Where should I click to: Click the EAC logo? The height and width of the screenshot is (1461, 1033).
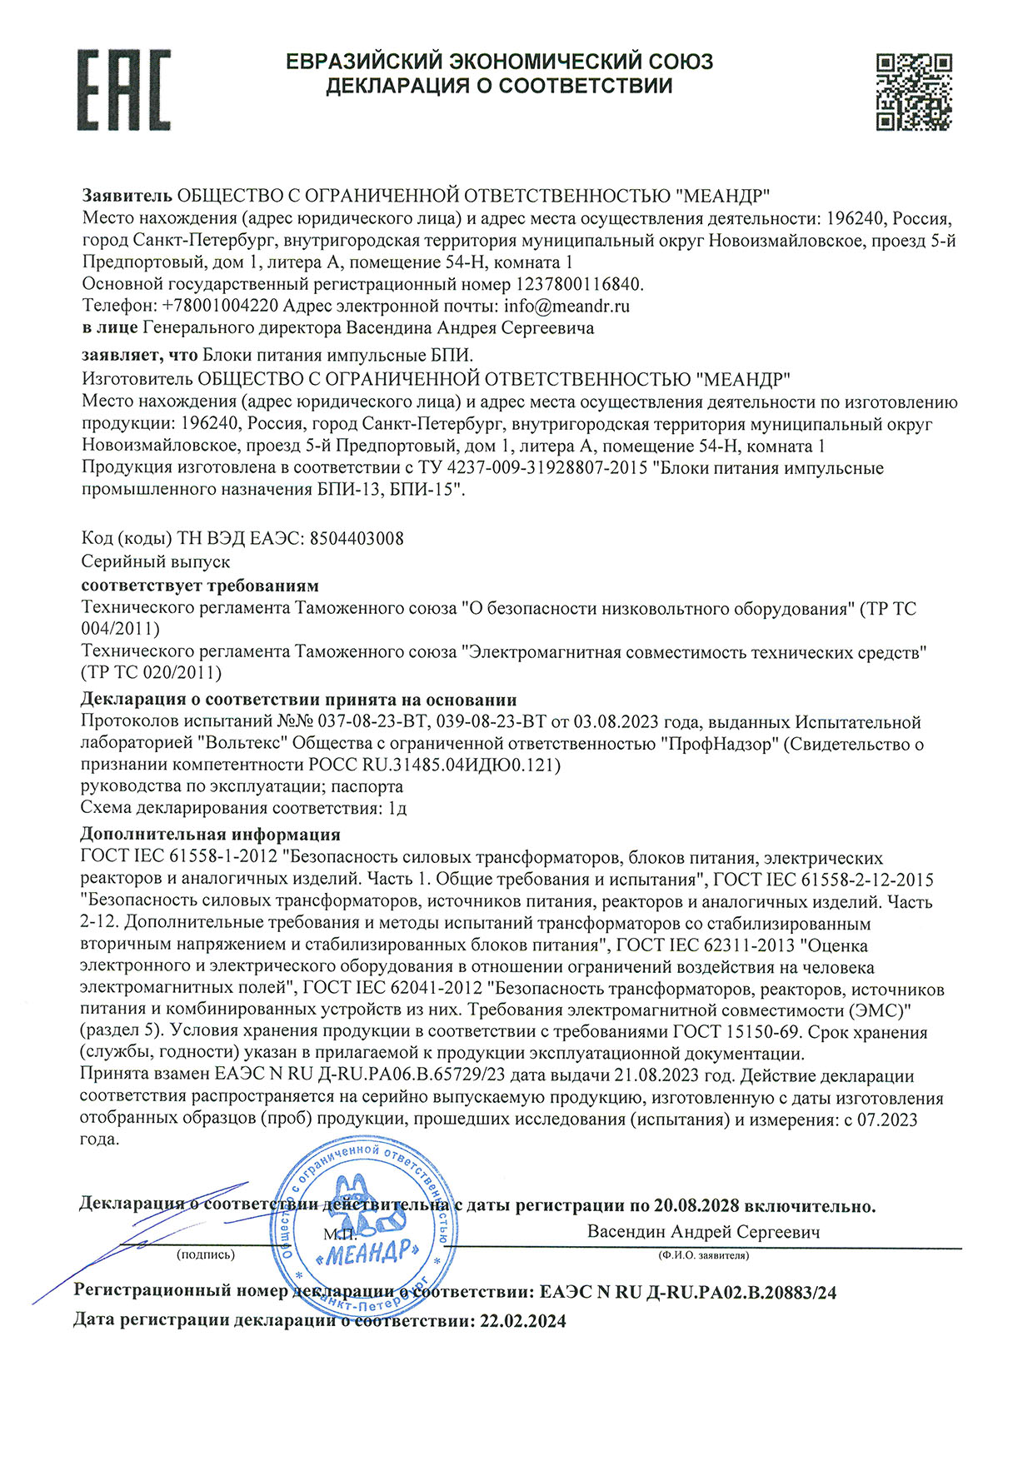click(124, 89)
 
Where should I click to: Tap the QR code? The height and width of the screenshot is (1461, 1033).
click(914, 91)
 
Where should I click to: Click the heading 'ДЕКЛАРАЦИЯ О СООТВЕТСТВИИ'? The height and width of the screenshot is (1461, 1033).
click(498, 86)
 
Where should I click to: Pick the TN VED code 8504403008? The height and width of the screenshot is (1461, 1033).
click(357, 538)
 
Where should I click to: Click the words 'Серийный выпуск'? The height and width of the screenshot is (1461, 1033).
click(156, 561)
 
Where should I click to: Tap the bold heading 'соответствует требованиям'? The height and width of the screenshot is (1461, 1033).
click(200, 585)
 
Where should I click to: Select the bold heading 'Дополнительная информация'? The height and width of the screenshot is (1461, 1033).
click(210, 834)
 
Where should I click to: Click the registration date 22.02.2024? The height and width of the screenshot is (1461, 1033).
click(523, 1320)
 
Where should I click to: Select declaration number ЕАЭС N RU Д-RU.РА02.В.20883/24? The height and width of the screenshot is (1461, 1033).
click(688, 1292)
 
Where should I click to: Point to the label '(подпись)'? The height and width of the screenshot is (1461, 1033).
click(206, 1254)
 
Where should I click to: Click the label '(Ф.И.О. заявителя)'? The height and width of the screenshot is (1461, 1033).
click(704, 1255)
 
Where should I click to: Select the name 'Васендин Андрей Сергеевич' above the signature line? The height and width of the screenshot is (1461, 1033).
click(704, 1232)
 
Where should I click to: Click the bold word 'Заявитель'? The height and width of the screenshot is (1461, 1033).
click(127, 196)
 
